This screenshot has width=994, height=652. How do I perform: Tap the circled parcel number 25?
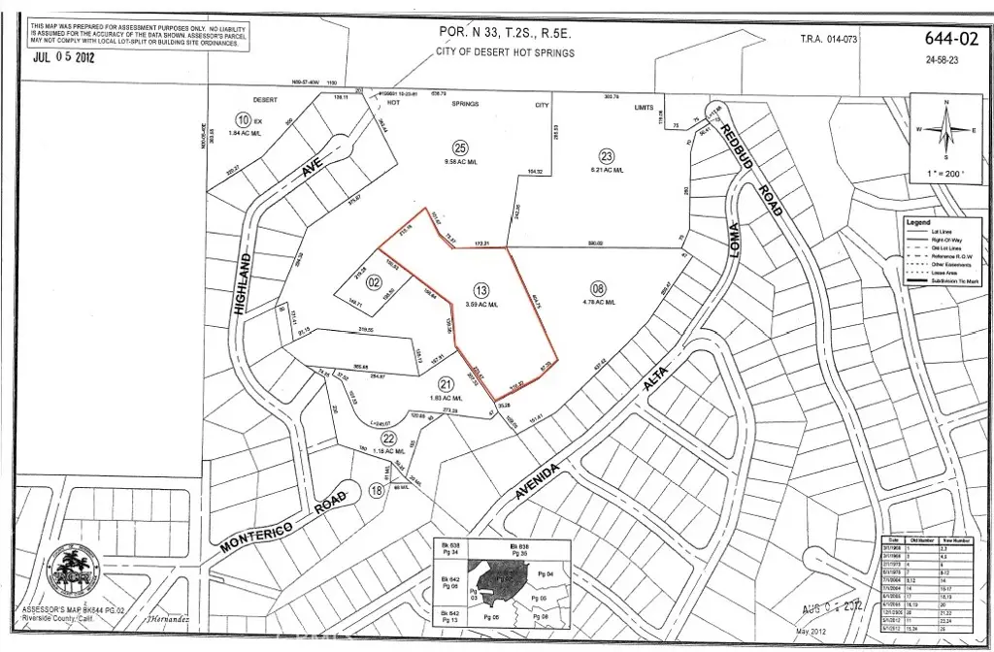[x=461, y=147]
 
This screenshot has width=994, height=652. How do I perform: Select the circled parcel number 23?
[x=607, y=155]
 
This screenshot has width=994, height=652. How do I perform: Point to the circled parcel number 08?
[x=598, y=287]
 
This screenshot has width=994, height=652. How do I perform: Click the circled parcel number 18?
[x=377, y=491]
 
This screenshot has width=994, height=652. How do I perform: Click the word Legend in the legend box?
[x=917, y=222]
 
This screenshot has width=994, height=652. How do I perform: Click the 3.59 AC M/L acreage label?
[x=480, y=305]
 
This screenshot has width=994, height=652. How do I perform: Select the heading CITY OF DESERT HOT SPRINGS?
[x=507, y=52]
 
